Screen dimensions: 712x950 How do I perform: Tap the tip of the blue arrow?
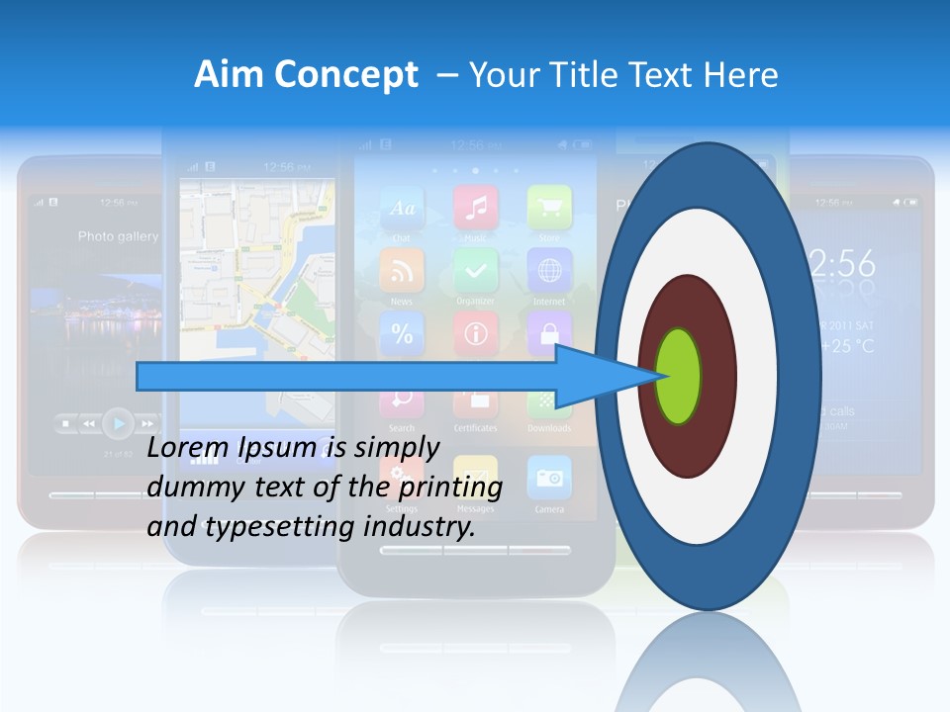pyautogui.click(x=661, y=376)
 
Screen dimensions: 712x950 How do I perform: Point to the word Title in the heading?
pyautogui.click(x=591, y=74)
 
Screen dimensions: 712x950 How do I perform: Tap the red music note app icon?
pyautogui.click(x=476, y=208)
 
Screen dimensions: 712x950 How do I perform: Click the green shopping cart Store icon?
pyautogui.click(x=549, y=208)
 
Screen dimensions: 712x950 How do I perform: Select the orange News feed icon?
pyautogui.click(x=402, y=270)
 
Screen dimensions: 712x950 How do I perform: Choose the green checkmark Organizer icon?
pyautogui.click(x=476, y=270)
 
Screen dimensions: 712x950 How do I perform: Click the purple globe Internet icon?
pyautogui.click(x=549, y=270)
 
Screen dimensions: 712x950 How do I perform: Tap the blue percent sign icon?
pyautogui.click(x=402, y=333)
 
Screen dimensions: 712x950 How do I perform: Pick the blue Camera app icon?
pyautogui.click(x=549, y=479)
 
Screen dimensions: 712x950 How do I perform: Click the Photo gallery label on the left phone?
pyautogui.click(x=118, y=237)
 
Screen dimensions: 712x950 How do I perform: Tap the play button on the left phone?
pyautogui.click(x=118, y=423)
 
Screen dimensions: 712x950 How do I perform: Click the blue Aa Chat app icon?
pyautogui.click(x=402, y=208)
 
